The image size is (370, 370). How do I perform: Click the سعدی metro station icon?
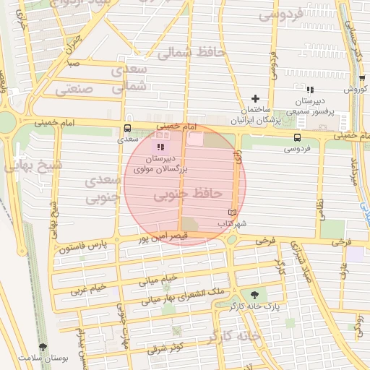pos(128,130)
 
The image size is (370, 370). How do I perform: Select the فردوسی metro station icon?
pos(298,137)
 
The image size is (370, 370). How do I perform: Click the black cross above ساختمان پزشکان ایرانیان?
pos(254,98)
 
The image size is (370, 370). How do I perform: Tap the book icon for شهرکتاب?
pos(231,212)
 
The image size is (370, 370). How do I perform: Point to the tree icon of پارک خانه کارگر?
pos(254,294)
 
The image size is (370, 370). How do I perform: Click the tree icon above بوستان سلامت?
pos(43,348)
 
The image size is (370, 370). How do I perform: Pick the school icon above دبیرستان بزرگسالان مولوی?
pos(160,147)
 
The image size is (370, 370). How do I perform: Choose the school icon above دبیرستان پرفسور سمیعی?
pos(310,90)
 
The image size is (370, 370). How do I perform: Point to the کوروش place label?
pos(357,89)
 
